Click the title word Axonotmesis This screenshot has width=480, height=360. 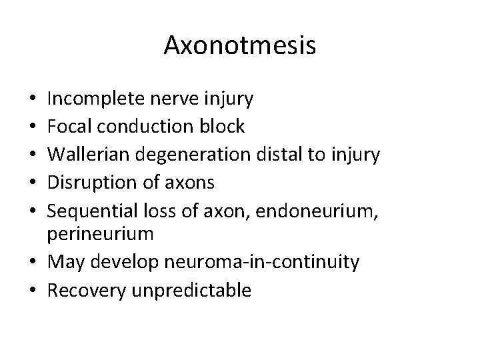240,45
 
